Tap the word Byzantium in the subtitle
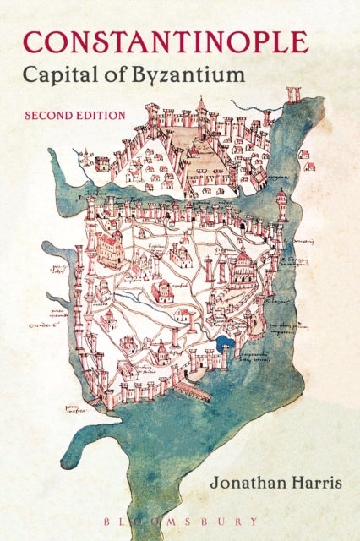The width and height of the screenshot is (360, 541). (x=188, y=74)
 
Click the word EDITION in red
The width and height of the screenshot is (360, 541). (x=102, y=113)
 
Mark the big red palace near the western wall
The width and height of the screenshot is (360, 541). (x=108, y=248)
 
